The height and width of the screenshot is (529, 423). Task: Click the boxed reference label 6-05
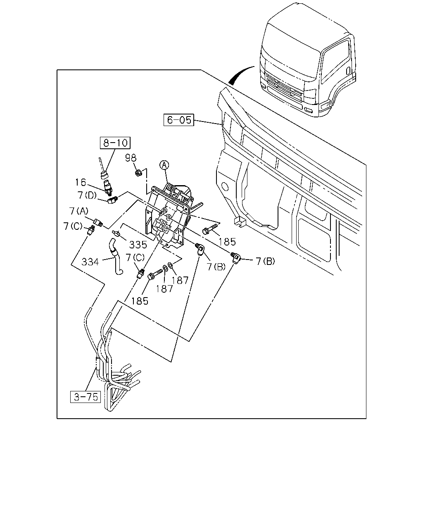coord(179,120)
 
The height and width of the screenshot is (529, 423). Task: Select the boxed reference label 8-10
coord(115,143)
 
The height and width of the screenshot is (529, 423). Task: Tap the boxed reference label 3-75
coord(86,397)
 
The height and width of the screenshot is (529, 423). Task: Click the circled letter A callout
coord(164,165)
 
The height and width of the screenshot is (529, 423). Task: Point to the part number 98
coord(131,158)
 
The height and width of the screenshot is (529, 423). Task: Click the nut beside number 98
coord(138,173)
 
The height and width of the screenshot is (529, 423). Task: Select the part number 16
coord(81,182)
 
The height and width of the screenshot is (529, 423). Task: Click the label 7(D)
coord(87,195)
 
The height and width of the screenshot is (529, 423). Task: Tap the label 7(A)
coord(78,211)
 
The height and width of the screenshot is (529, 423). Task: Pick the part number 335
coord(138,245)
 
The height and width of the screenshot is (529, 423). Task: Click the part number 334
coord(90,262)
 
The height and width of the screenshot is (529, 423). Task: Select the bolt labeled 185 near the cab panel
coord(210,229)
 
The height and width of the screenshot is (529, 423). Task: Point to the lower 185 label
coord(140,301)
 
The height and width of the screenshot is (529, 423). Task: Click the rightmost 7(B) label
coord(266,261)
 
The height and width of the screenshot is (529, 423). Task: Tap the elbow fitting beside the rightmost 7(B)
coord(235,257)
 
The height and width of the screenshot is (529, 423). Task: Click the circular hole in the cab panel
coord(224,187)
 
